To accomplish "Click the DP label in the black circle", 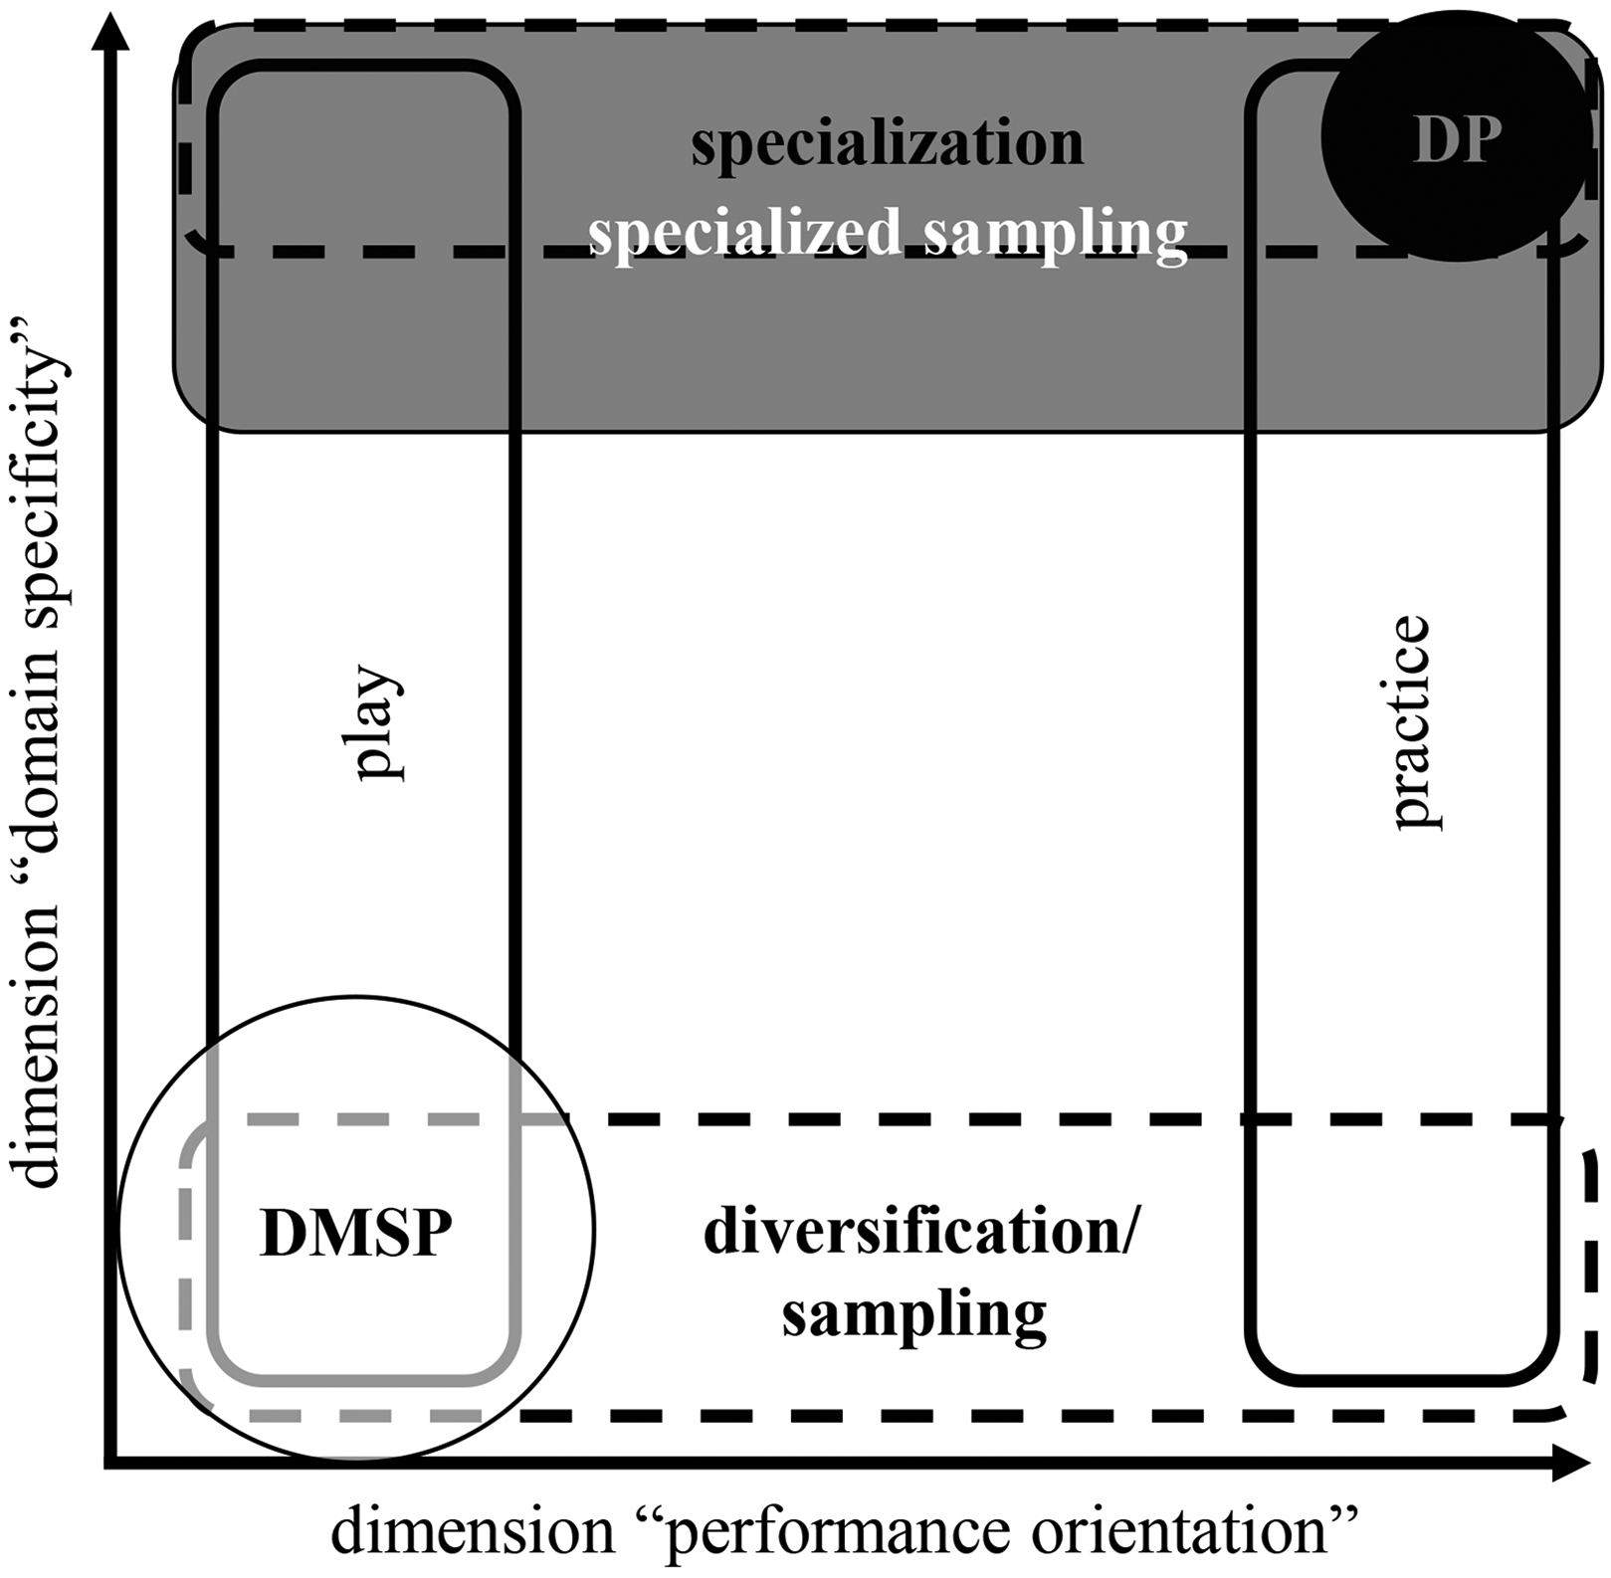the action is [x=1457, y=141].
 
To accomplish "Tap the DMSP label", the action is [x=356, y=1233].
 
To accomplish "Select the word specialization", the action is [x=888, y=144].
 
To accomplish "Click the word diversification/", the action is [x=919, y=1233].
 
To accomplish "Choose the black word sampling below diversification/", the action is [x=914, y=1315].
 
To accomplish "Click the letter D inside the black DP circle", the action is [x=1434, y=141].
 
